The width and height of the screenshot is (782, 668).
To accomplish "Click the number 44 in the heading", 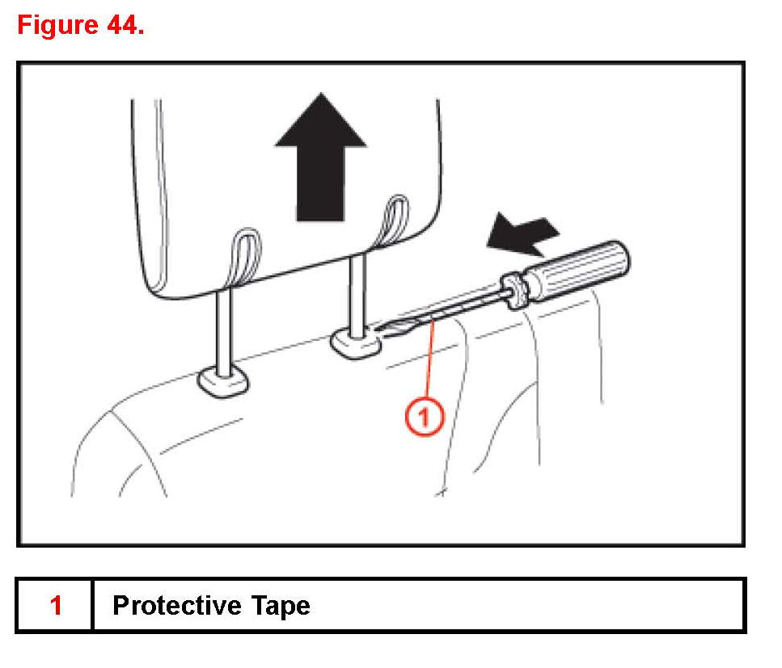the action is tap(121, 25).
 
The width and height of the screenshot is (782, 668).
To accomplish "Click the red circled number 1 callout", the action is tap(424, 417).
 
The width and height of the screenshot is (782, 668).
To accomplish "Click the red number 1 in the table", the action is tap(56, 605).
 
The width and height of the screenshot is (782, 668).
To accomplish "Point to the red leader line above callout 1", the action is tap(429, 363).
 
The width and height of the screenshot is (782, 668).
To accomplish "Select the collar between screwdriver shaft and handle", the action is tap(514, 288).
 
